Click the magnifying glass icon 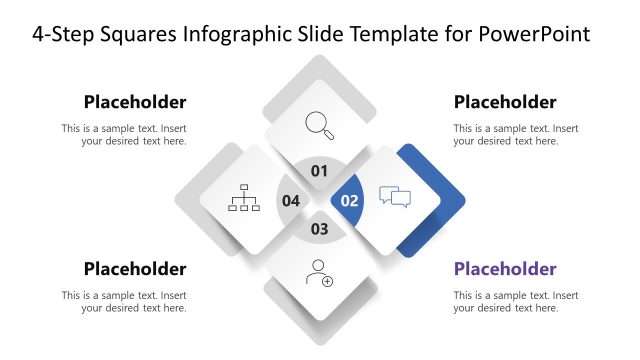coord(319,125)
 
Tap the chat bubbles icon coord(395,197)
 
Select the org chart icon coord(244,198)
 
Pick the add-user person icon coord(320,272)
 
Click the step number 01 coord(319,171)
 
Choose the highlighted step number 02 coord(350,200)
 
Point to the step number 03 coord(319,229)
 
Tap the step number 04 coord(291,200)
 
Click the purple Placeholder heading coord(505,269)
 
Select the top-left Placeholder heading coord(135,102)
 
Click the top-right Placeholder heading coord(505,102)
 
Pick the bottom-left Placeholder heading coord(135,269)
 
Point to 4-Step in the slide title coord(67,35)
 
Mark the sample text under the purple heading coord(515,302)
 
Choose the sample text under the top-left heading coord(124,135)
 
